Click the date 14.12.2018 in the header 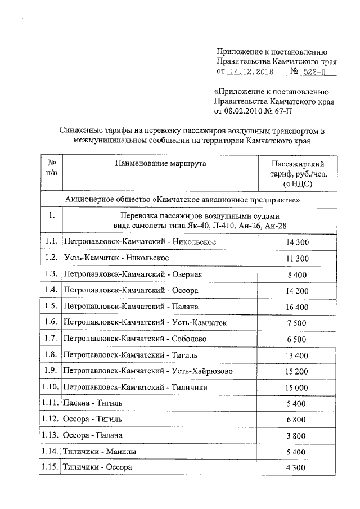point(251,73)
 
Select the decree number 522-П point(316,73)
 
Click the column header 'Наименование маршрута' point(160,164)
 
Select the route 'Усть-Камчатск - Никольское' point(117,258)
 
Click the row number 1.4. point(51,290)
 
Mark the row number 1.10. point(51,388)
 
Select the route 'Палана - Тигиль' point(92,403)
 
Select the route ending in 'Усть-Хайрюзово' point(148,371)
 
